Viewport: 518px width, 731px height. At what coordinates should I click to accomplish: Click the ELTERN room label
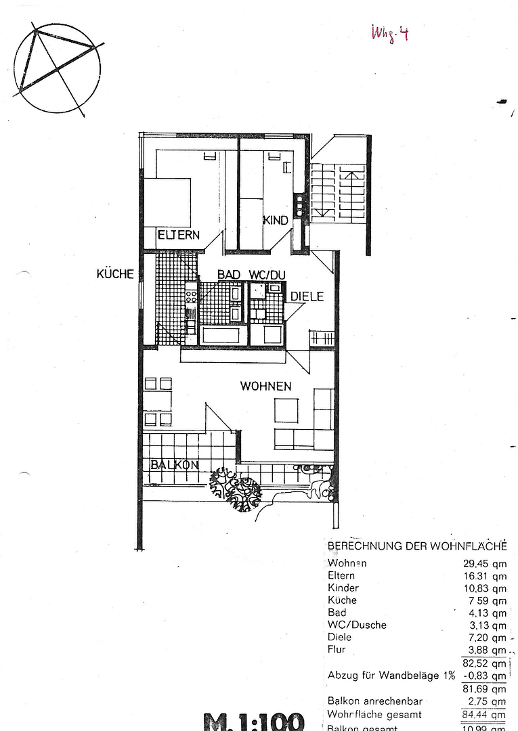pyautogui.click(x=179, y=235)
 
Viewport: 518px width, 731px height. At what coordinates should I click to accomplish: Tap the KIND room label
pyautogui.click(x=276, y=220)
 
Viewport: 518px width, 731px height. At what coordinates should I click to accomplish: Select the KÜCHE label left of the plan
pyautogui.click(x=115, y=274)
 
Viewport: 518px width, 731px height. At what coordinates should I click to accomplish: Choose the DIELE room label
pyautogui.click(x=307, y=296)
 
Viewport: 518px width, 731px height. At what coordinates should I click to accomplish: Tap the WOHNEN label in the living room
pyautogui.click(x=265, y=386)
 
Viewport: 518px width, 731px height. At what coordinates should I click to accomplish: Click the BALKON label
pyautogui.click(x=174, y=465)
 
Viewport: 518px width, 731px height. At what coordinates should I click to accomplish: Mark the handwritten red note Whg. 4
pyautogui.click(x=389, y=32)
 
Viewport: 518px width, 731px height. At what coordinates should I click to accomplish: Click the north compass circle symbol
pyautogui.click(x=57, y=68)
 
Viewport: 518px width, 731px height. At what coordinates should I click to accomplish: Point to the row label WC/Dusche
pyautogui.click(x=357, y=625)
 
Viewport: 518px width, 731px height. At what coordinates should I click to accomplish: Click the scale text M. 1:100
pyautogui.click(x=254, y=722)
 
